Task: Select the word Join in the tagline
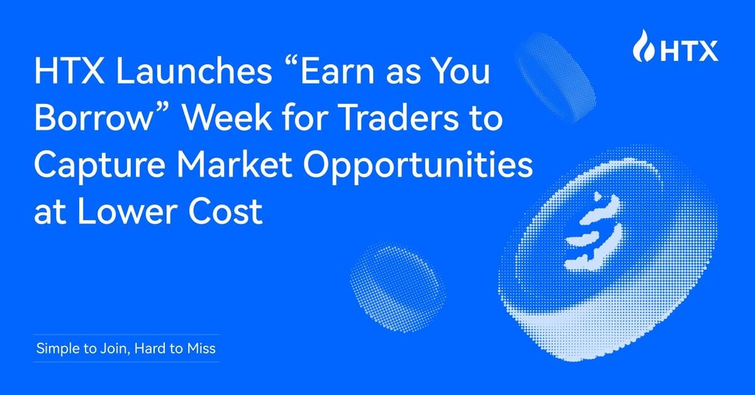tap(113, 348)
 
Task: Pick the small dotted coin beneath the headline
tap(397, 278)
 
